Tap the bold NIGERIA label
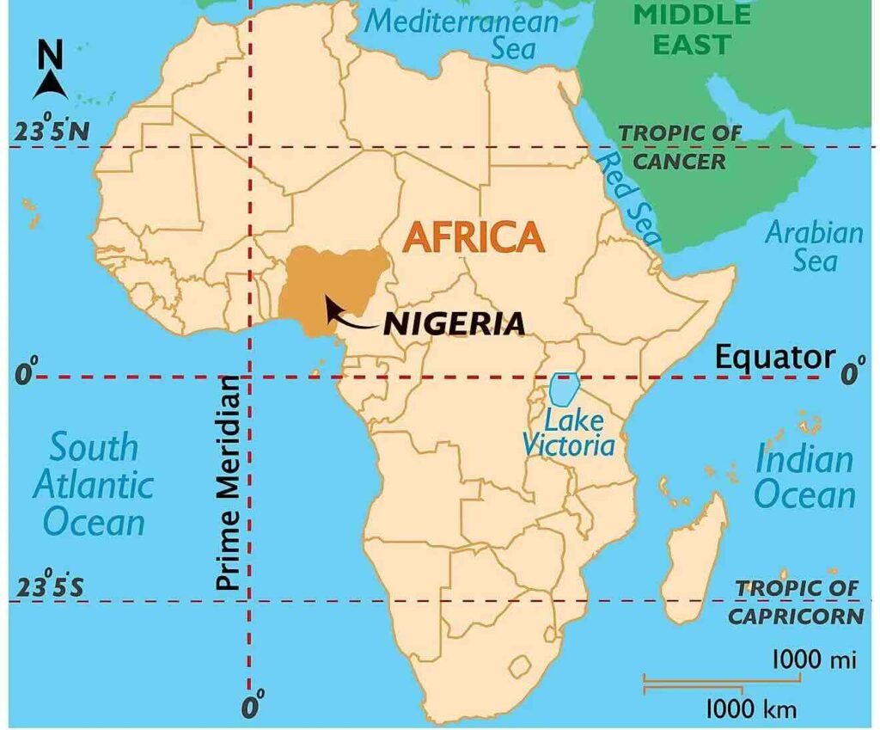(454, 323)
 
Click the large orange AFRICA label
(474, 235)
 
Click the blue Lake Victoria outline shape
(563, 390)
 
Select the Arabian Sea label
(814, 246)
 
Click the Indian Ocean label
(805, 477)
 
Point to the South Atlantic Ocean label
(93, 484)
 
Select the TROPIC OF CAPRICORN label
(796, 602)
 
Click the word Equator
(775, 357)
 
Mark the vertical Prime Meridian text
(227, 482)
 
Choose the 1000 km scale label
(751, 709)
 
